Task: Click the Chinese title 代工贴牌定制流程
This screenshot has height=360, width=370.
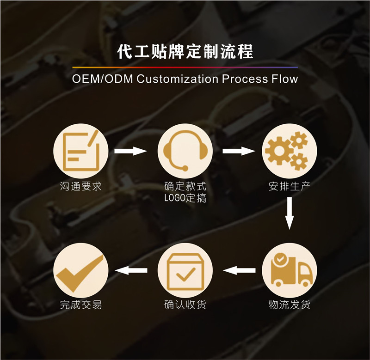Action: click(x=185, y=51)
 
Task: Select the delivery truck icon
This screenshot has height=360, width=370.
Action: click(x=289, y=270)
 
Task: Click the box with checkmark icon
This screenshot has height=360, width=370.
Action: click(x=185, y=270)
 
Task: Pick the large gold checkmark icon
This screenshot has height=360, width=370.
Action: click(x=81, y=270)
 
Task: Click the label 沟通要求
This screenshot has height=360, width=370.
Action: click(x=81, y=187)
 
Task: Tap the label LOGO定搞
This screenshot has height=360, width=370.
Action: click(x=185, y=199)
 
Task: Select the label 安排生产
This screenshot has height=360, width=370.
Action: click(x=289, y=187)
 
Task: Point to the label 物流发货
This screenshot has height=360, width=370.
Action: click(x=289, y=305)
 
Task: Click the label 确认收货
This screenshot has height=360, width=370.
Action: click(x=185, y=305)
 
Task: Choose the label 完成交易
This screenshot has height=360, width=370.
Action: click(x=81, y=305)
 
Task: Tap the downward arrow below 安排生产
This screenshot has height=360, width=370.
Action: click(x=289, y=213)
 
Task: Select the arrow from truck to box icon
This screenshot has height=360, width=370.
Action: click(x=239, y=270)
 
